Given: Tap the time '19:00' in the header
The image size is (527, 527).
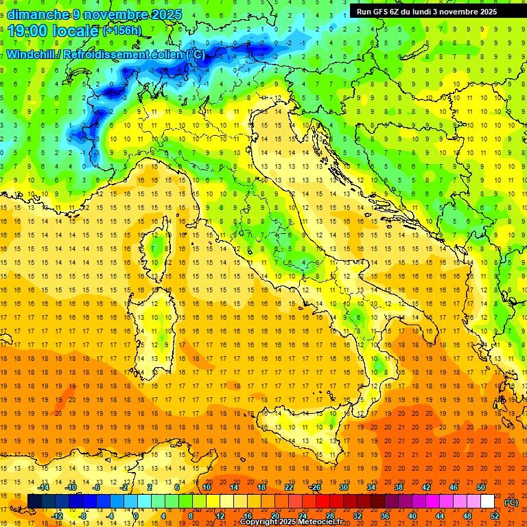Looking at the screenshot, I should coord(30,31).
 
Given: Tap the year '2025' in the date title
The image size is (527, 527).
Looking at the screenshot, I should coord(163,14).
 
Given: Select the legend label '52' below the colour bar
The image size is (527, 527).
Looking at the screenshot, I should coord(495,516).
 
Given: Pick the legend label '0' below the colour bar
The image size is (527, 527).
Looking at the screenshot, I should coord(135,516).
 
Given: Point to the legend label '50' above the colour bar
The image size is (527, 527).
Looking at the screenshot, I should coord(480,487).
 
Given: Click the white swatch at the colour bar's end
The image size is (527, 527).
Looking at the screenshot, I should coord(487,502).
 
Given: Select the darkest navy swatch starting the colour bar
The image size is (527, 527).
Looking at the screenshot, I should coord(34,502).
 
